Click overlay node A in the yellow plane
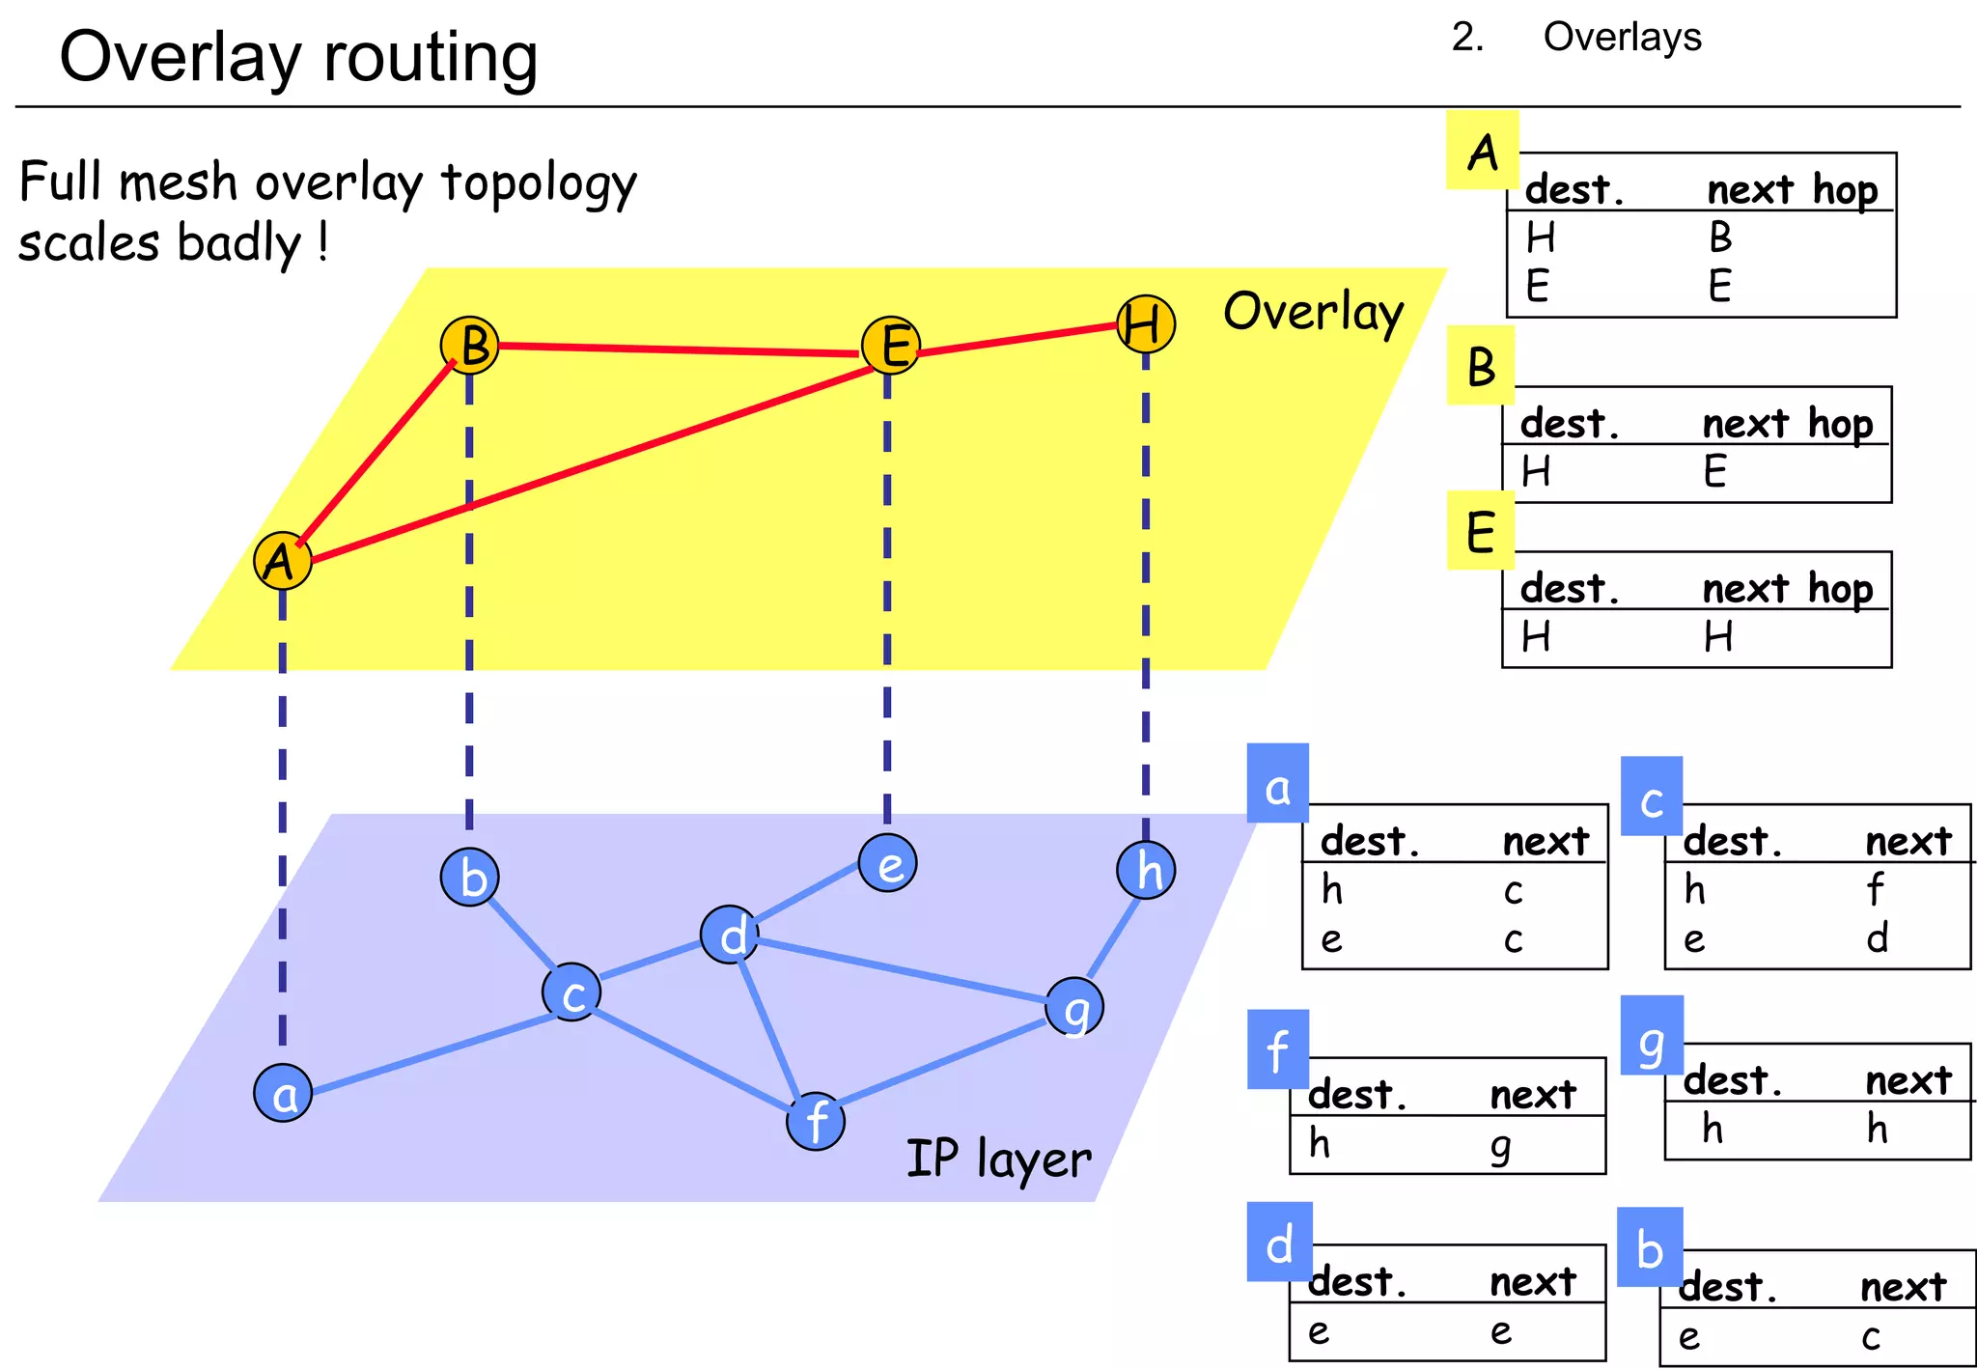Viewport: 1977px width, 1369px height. tap(282, 560)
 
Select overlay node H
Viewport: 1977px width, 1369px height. tap(1145, 324)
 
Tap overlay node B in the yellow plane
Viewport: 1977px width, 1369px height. tap(470, 346)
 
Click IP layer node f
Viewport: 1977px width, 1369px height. tap(816, 1122)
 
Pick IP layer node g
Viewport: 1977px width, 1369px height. tap(1074, 1008)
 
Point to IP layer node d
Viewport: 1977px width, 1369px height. tap(731, 936)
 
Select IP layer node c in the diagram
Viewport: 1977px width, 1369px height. tap(571, 992)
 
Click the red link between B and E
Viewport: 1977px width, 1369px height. tap(676, 349)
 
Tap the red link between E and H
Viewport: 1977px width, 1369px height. tap(1014, 341)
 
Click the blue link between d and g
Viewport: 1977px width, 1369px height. tap(898, 967)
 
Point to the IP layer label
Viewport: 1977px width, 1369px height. tap(998, 1159)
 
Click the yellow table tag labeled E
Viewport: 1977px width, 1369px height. tap(1480, 531)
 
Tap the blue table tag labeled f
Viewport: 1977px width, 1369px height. tap(1277, 1050)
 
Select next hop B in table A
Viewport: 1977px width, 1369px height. tap(1720, 237)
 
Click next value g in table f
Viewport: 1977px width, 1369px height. tap(1500, 1146)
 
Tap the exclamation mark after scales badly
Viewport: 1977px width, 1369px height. tap(322, 242)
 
